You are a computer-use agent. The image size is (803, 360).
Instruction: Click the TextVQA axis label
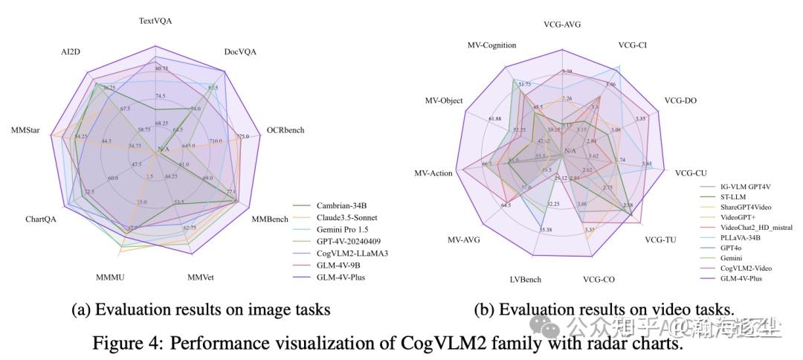156,22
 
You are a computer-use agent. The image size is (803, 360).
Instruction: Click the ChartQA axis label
40,219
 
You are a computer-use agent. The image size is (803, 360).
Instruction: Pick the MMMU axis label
110,277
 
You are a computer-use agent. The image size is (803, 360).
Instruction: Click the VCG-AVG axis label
562,25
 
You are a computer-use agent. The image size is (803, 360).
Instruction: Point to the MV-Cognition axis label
491,45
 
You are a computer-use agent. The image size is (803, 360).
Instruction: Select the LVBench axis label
525,280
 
